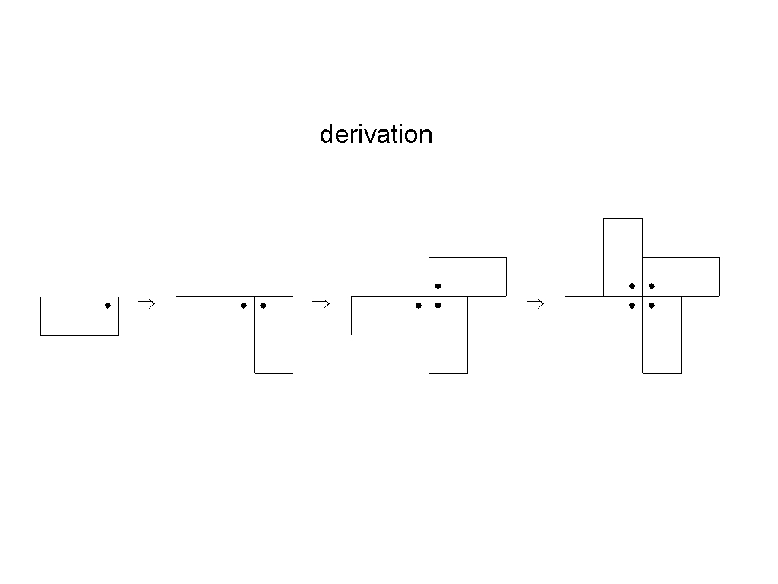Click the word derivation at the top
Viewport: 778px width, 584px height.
pyautogui.click(x=376, y=135)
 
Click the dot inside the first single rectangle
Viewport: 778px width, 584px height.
pyautogui.click(x=108, y=306)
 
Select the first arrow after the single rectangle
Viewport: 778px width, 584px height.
pyautogui.click(x=145, y=304)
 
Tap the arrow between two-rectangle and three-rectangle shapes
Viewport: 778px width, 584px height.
pyautogui.click(x=321, y=304)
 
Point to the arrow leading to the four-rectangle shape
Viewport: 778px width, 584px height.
pyautogui.click(x=534, y=304)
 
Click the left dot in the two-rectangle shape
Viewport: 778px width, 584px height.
pyautogui.click(x=243, y=306)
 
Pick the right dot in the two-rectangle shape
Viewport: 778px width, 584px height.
pyautogui.click(x=263, y=306)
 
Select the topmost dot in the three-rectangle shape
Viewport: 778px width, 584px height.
pyautogui.click(x=438, y=286)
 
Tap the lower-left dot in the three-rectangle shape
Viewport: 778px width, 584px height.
pyautogui.click(x=419, y=306)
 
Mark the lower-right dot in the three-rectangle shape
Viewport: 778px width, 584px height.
pyautogui.click(x=438, y=306)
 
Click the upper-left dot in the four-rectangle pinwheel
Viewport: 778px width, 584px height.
pyautogui.click(x=632, y=286)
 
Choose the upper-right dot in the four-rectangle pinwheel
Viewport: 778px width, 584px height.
pyautogui.click(x=652, y=286)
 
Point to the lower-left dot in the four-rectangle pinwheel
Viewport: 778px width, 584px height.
pyautogui.click(x=632, y=306)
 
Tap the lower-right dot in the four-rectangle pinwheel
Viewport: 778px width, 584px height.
pyautogui.click(x=652, y=306)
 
